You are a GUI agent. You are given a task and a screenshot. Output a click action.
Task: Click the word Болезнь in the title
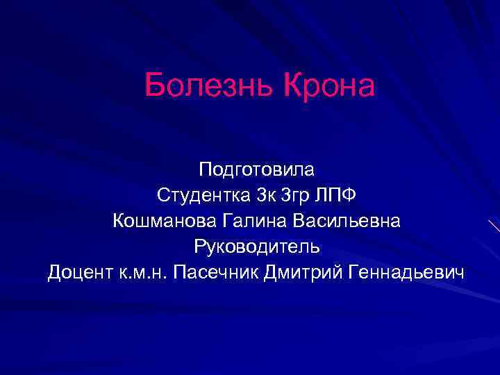coord(208,87)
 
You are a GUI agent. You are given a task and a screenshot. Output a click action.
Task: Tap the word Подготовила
coord(256,169)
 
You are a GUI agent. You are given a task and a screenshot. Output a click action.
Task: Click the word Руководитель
coord(256,247)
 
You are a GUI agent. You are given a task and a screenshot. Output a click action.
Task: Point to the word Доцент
coord(76,272)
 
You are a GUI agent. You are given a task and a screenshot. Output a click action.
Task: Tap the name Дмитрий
coord(297,272)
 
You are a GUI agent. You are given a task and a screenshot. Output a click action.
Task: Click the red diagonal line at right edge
coord(494,225)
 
